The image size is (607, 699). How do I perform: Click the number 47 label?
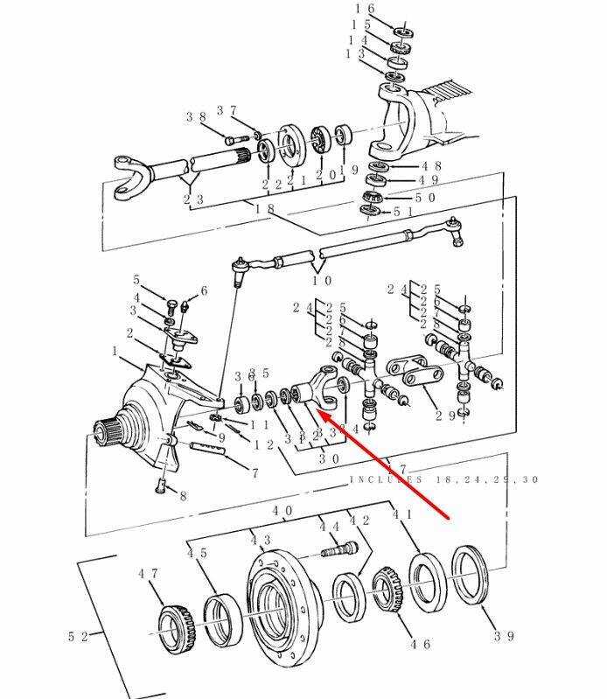[148, 573]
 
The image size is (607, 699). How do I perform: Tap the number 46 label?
[421, 645]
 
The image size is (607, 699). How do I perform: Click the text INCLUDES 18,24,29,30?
[444, 479]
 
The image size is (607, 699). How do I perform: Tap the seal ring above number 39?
[471, 574]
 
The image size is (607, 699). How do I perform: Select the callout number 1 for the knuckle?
[115, 351]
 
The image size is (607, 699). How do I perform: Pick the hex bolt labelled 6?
[185, 307]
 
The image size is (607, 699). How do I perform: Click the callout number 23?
[194, 199]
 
